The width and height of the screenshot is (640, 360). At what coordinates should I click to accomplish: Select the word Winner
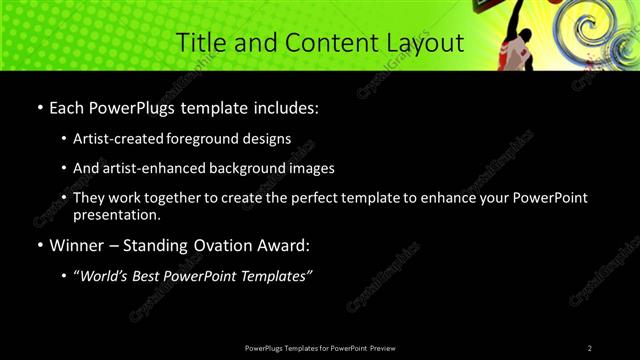coord(77,244)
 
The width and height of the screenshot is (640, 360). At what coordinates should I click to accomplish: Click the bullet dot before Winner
coord(39,245)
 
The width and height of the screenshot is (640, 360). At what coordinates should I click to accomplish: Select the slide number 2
coord(589,348)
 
